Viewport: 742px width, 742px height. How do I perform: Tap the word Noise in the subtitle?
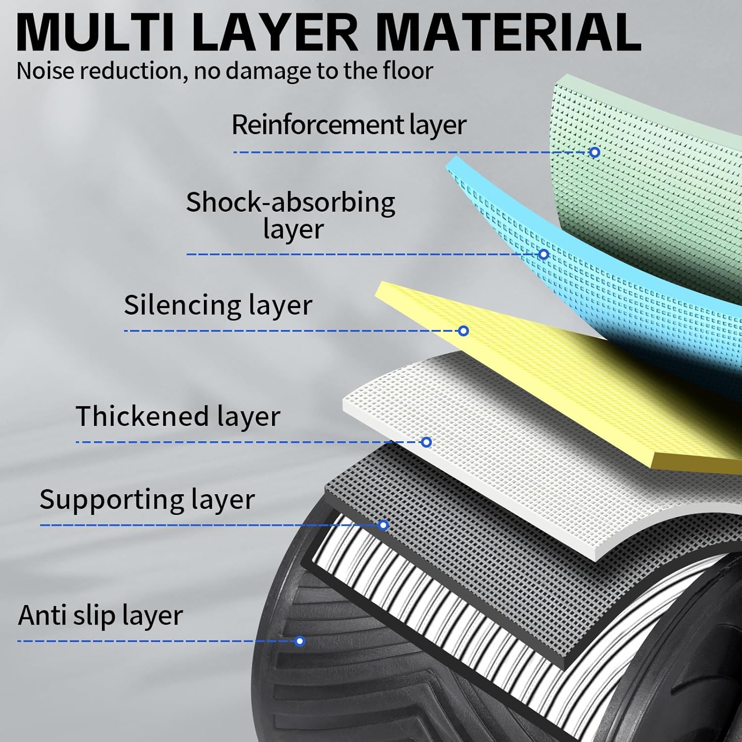(x=46, y=71)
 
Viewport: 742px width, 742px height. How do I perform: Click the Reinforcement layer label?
(x=349, y=125)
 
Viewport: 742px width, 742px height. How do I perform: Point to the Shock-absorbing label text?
(x=290, y=203)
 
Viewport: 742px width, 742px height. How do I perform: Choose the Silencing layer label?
(x=218, y=305)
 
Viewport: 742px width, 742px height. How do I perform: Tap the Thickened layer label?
(x=178, y=417)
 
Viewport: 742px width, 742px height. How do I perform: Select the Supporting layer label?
(x=147, y=500)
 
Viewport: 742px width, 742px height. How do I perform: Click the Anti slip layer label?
(x=100, y=616)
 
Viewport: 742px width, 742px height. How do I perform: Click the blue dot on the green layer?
(x=595, y=152)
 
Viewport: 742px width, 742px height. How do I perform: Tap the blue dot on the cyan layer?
(x=543, y=254)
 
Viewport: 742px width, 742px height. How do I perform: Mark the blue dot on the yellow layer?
(x=463, y=330)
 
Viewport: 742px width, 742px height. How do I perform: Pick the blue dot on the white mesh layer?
(x=426, y=442)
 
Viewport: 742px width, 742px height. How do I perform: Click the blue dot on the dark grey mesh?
(x=383, y=525)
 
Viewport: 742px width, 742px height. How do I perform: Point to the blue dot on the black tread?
(x=299, y=641)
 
